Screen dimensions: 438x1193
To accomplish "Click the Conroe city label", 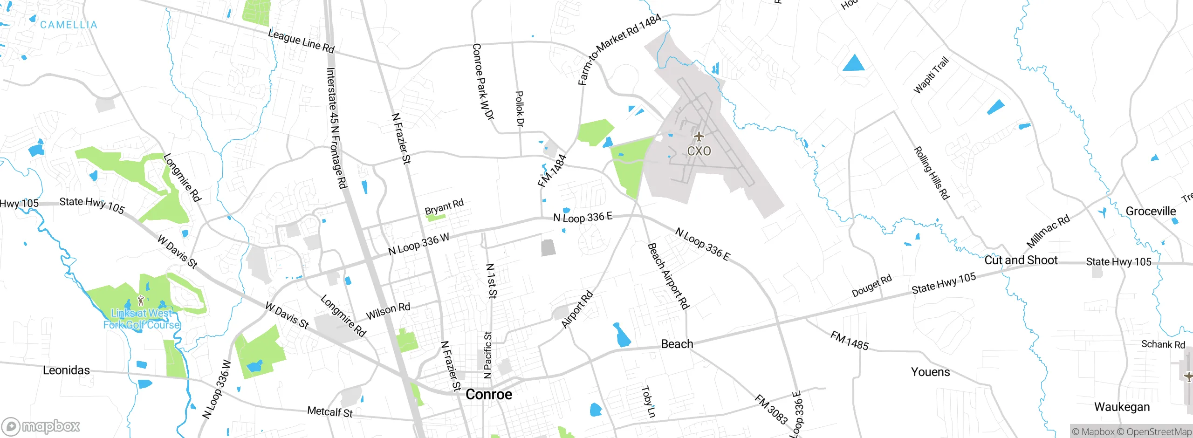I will (489, 394).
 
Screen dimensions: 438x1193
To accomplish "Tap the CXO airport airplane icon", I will (699, 137).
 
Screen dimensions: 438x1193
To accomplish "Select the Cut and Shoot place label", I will (1021, 260).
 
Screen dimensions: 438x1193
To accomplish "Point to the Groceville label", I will (1151, 211).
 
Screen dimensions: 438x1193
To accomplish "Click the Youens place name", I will (930, 372).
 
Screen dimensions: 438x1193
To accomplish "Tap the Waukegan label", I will (1122, 407).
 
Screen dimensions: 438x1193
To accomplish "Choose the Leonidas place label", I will (66, 370).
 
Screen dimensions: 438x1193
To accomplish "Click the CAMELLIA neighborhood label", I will (69, 25).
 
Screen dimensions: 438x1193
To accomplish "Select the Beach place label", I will (677, 344).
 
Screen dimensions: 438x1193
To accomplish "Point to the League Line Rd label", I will (302, 41).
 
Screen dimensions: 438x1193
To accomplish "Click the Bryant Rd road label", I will (444, 206).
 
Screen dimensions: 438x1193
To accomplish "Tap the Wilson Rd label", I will (388, 311).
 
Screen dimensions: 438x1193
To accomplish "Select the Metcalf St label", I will (329, 412).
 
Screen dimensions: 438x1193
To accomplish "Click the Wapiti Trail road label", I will (931, 75).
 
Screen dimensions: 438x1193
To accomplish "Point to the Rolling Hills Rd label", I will (932, 173).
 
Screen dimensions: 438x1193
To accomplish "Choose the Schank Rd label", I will (1163, 344).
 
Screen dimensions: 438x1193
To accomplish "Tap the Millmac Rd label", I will (1048, 232).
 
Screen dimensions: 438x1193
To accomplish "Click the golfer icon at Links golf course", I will (141, 300).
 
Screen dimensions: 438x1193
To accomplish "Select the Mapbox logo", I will (41, 426).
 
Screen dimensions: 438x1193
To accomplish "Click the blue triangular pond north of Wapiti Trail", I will (854, 63).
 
